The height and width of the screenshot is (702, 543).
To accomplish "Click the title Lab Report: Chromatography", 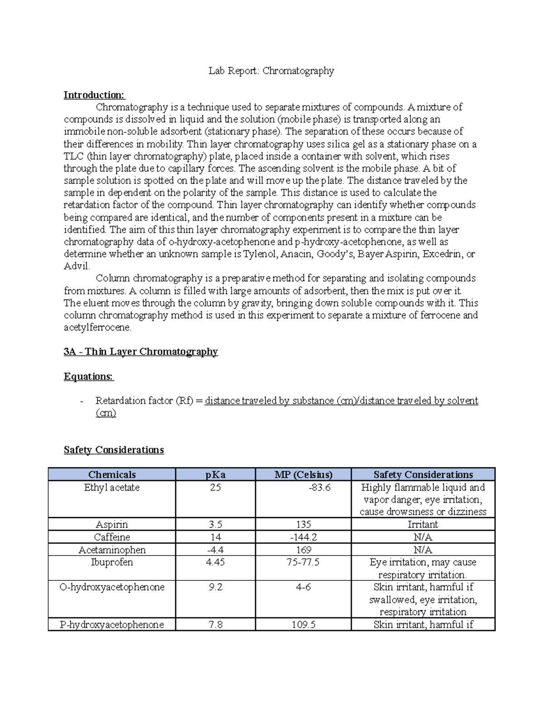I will point(271,71).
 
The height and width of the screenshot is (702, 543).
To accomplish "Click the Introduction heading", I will point(94,95).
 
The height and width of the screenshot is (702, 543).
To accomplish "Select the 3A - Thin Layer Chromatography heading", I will point(141,352).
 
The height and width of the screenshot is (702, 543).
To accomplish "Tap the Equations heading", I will point(89,377).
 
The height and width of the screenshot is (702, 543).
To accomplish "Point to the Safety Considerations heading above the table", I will point(114,450).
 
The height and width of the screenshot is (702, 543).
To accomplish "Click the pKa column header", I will point(215,474).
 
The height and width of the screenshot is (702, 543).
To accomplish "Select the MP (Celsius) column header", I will point(303,474).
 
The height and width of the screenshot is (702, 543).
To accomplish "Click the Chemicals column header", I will point(112,474).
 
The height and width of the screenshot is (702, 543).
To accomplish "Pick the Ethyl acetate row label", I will point(112,487).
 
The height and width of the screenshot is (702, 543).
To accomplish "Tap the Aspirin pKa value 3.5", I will point(215,524).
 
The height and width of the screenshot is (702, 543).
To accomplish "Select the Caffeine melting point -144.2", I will point(303,537).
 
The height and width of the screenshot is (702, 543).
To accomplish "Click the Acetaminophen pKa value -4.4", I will point(215,550).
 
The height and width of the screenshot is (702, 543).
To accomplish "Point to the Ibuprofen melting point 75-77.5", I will point(303,562).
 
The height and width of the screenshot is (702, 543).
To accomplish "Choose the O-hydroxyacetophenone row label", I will point(112,587).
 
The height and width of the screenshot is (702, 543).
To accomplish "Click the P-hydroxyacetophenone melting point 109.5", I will point(303,625).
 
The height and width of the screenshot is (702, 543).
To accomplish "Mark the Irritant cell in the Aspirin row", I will point(423,524).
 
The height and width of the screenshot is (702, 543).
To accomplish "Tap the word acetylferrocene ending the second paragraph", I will point(97,328).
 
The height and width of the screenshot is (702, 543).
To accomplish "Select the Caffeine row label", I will point(112,537).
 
